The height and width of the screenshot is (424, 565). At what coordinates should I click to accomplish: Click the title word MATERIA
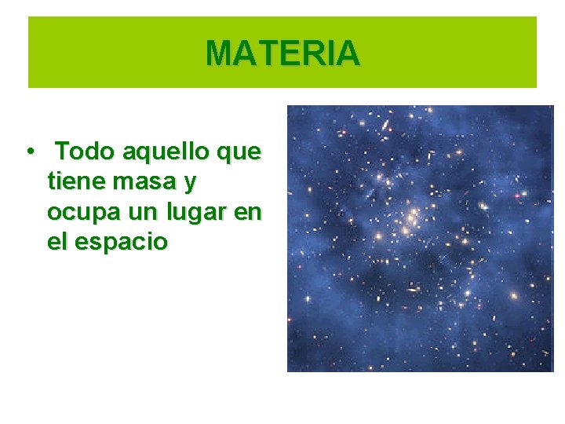pos(282,53)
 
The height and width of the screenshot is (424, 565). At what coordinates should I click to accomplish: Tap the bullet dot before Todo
pos(28,151)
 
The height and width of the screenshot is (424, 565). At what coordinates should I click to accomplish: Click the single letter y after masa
pos(189,185)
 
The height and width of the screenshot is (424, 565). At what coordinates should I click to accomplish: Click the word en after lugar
pos(250,213)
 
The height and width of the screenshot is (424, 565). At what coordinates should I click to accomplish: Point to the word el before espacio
pos(56,242)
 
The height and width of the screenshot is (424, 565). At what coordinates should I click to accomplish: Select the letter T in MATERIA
pos(264,53)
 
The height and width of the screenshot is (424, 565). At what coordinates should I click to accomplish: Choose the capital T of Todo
pos(64,151)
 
